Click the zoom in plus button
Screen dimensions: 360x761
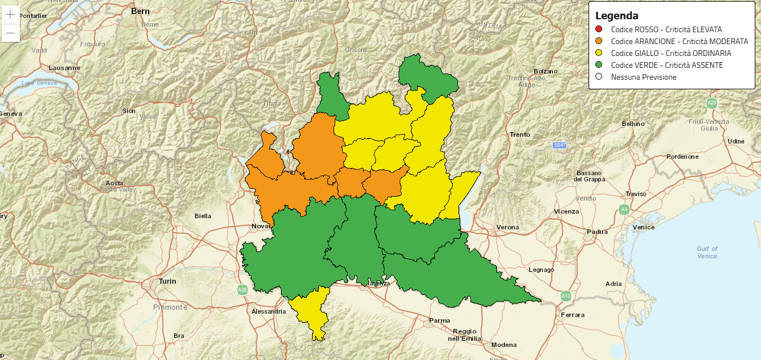[10, 15]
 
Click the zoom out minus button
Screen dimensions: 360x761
[10, 33]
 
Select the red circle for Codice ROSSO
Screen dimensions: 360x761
[599, 29]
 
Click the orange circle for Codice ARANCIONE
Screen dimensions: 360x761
[599, 41]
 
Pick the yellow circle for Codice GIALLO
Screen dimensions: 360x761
[599, 53]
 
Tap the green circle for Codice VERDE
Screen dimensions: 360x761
[599, 65]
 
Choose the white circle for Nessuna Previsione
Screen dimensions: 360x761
[599, 77]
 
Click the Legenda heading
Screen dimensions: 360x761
[617, 16]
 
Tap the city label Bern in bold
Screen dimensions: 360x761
[140, 11]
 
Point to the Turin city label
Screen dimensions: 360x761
[167, 281]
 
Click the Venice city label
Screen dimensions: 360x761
[643, 227]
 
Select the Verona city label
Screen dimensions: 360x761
[507, 227]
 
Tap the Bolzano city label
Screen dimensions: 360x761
[545, 71]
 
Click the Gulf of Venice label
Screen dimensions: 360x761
[707, 252]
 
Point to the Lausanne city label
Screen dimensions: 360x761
[65, 68]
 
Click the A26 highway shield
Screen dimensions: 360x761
[243, 290]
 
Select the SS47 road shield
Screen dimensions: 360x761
[560, 145]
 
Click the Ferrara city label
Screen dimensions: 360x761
[572, 315]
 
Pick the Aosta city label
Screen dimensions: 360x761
[115, 183]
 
